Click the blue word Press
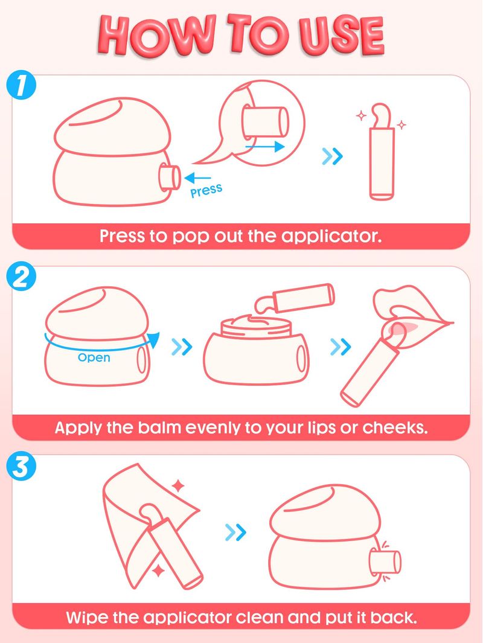click(206, 191)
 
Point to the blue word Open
click(94, 357)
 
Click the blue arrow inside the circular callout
click(265, 146)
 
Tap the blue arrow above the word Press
click(197, 178)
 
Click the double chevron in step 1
click(332, 156)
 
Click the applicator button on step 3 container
click(385, 561)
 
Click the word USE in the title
click(341, 34)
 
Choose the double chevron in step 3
click(235, 533)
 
